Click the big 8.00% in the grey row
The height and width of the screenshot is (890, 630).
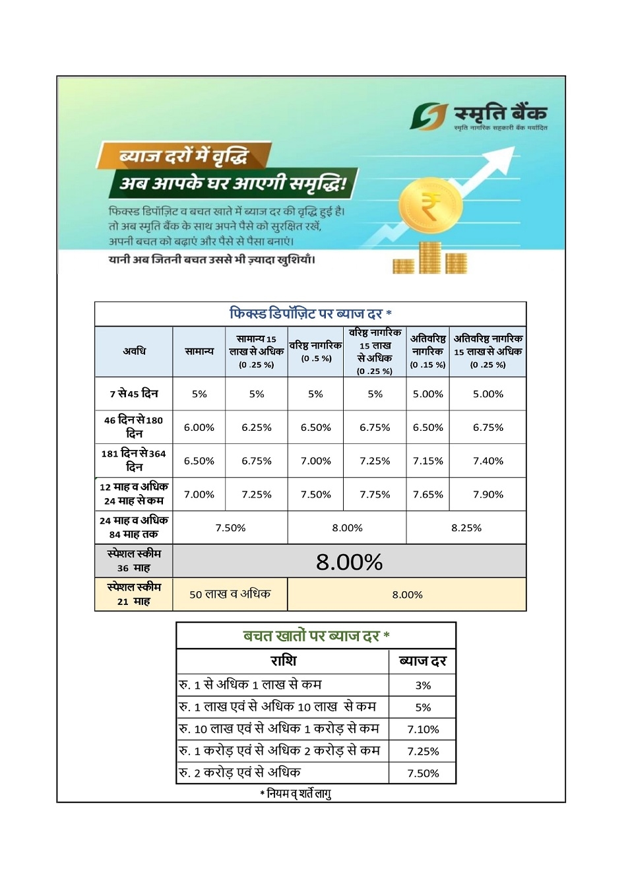tap(349, 562)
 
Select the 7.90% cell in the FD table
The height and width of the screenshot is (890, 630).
tap(488, 494)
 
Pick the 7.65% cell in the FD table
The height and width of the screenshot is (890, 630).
tap(427, 494)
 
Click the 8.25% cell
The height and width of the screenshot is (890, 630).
tap(466, 528)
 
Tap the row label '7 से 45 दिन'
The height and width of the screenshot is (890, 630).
tap(134, 394)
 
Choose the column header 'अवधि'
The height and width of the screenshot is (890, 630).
tap(134, 352)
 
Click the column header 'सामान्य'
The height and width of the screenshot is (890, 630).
tap(199, 352)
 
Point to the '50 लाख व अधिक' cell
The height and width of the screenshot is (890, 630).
tap(230, 594)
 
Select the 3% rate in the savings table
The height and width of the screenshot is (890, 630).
tap(423, 685)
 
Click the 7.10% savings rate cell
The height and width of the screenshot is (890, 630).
tap(423, 729)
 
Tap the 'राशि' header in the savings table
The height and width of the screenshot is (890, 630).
tap(284, 661)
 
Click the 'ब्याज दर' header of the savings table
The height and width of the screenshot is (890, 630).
tap(423, 661)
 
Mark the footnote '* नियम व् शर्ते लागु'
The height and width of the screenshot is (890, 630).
tap(296, 794)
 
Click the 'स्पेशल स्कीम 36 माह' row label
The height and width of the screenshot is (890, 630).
tap(134, 561)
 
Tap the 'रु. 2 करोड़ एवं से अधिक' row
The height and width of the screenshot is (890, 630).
tap(240, 773)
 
